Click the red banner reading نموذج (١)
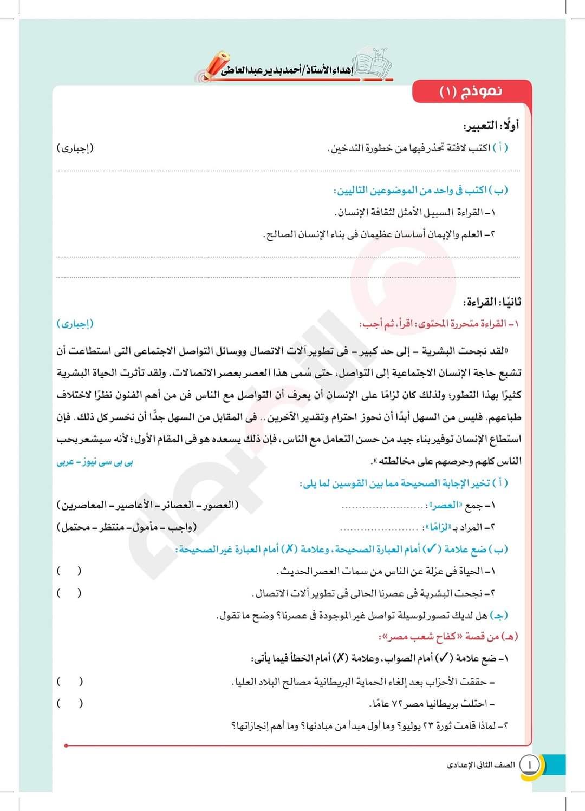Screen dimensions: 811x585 pyautogui.click(x=471, y=91)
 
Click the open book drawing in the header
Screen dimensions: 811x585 pyautogui.click(x=372, y=62)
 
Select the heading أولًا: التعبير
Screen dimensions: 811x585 pyautogui.click(x=491, y=126)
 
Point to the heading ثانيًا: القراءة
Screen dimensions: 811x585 pyautogui.click(x=492, y=302)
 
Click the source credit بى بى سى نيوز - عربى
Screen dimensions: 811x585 pyautogui.click(x=95, y=462)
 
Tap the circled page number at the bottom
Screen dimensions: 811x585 pyautogui.click(x=530, y=764)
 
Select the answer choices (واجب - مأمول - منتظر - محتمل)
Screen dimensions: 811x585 pyautogui.click(x=127, y=527)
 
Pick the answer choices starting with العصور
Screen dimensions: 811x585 pyautogui.click(x=147, y=505)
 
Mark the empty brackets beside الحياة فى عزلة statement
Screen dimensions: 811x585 pyautogui.click(x=69, y=571)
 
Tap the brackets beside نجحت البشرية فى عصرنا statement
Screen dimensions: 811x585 pyautogui.click(x=69, y=593)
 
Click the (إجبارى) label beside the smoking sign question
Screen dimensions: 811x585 pyautogui.click(x=75, y=148)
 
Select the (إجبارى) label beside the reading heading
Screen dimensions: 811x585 pyautogui.click(x=75, y=324)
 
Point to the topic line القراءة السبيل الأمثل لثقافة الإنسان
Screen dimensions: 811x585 pyautogui.click(x=415, y=212)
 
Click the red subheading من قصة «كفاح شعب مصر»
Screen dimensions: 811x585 pyautogui.click(x=448, y=637)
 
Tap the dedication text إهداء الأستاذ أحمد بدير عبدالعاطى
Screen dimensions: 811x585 pyautogui.click(x=287, y=71)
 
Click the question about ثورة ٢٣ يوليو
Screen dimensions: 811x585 pyautogui.click(x=370, y=725)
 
